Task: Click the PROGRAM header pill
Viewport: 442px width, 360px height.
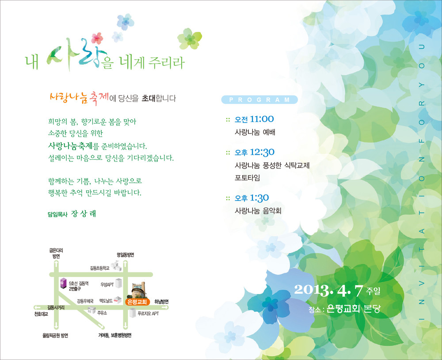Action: point(259,100)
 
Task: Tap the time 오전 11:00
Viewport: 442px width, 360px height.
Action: point(254,119)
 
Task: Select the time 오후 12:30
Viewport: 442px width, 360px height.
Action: point(255,152)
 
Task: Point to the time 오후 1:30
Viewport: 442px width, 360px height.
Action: point(252,198)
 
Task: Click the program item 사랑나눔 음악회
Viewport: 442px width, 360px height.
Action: point(258,211)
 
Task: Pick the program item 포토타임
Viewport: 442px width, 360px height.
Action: point(247,178)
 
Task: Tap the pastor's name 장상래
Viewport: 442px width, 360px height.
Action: point(84,214)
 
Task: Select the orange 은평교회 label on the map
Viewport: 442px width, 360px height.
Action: point(137,302)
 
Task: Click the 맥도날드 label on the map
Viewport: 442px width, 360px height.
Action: point(106,301)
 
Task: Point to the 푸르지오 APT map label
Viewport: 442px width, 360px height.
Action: point(148,314)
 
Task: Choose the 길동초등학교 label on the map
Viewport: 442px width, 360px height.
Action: point(100,268)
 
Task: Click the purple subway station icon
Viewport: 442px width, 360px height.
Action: point(63,283)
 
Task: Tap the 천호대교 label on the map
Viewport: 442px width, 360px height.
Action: point(41,314)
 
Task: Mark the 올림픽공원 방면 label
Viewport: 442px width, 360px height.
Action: point(55,335)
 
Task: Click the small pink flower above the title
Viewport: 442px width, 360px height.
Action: point(97,38)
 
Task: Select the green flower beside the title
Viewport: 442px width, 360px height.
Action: point(190,38)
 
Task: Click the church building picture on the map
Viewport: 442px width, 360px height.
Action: point(139,290)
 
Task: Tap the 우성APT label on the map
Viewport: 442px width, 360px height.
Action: point(107,285)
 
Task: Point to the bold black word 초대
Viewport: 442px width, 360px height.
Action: point(149,98)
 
